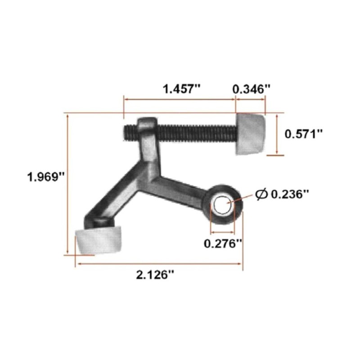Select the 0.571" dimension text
pyautogui.click(x=304, y=134)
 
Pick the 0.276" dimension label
pyautogui.click(x=223, y=243)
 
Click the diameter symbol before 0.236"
pyautogui.click(x=261, y=194)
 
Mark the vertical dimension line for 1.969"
pyautogui.click(x=68, y=184)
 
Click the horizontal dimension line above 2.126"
pyautogui.click(x=157, y=265)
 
